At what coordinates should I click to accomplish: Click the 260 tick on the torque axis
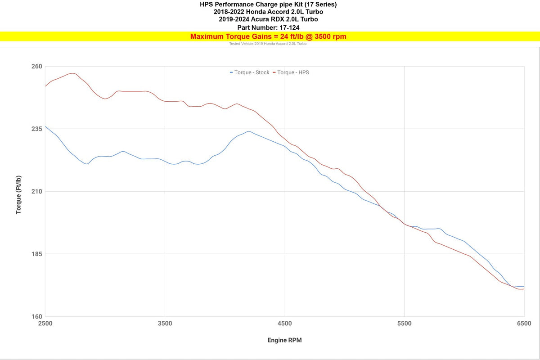(x=36, y=67)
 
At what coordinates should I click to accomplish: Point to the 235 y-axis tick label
(x=36, y=129)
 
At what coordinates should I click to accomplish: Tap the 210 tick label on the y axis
(x=36, y=192)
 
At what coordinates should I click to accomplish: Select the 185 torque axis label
(x=36, y=254)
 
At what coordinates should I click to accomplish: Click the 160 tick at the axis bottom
(x=36, y=317)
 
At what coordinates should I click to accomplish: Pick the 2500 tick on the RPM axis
(x=45, y=324)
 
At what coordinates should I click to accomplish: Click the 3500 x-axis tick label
(x=165, y=324)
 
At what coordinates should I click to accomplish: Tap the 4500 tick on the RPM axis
(x=285, y=324)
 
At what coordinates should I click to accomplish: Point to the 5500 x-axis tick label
(x=405, y=324)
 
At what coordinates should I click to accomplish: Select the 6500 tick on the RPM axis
(x=524, y=324)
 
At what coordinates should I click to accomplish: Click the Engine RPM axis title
(x=284, y=340)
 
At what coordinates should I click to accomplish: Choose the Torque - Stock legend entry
(x=250, y=72)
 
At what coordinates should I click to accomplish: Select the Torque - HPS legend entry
(x=293, y=72)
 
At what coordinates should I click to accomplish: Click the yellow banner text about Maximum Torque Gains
(x=268, y=36)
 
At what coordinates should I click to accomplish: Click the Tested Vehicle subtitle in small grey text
(x=268, y=44)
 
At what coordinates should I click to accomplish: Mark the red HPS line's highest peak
(x=72, y=73)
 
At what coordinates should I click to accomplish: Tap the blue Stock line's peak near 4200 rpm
(x=248, y=131)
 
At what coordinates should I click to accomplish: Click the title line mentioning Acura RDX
(x=268, y=19)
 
